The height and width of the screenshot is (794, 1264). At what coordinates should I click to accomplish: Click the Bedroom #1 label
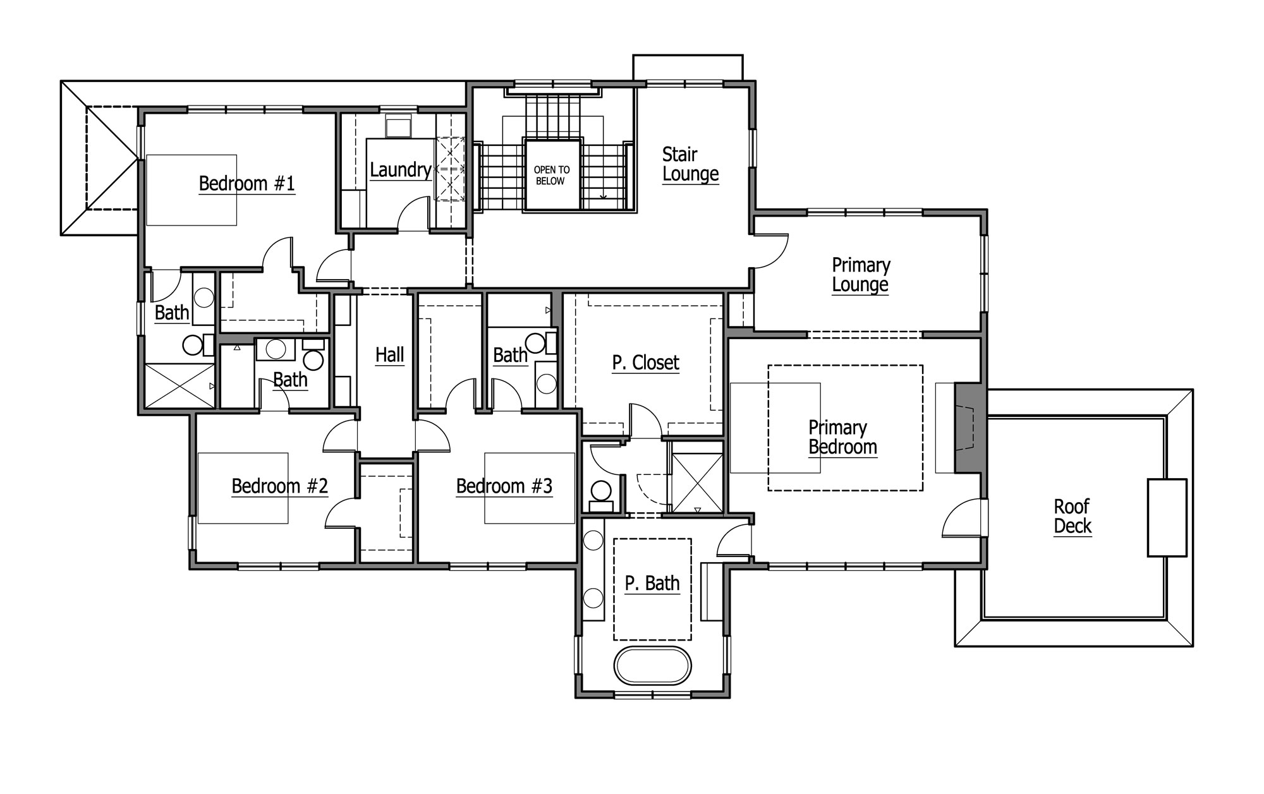click(x=246, y=184)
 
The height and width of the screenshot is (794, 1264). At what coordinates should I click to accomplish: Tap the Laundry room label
click(x=401, y=170)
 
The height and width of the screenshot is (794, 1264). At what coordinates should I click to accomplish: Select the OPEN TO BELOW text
click(x=552, y=175)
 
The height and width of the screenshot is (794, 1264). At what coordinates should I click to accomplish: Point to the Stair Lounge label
click(x=690, y=164)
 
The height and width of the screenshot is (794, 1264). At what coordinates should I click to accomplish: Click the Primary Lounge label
click(x=861, y=275)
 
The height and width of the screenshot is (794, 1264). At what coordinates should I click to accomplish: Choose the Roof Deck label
click(x=1073, y=516)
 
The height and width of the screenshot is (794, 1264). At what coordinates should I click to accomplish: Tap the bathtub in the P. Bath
click(x=653, y=665)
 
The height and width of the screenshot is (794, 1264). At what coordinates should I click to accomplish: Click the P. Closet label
click(x=645, y=363)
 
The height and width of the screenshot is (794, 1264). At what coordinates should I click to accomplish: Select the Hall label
click(x=389, y=355)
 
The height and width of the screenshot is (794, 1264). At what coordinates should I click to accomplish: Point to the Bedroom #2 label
click(x=279, y=486)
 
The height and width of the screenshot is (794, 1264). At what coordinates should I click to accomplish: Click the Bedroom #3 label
click(x=504, y=486)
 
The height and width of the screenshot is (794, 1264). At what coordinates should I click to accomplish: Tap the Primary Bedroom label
click(x=842, y=437)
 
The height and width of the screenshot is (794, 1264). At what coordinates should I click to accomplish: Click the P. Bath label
click(x=652, y=583)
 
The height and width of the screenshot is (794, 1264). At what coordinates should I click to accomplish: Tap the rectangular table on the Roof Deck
click(x=1167, y=517)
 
